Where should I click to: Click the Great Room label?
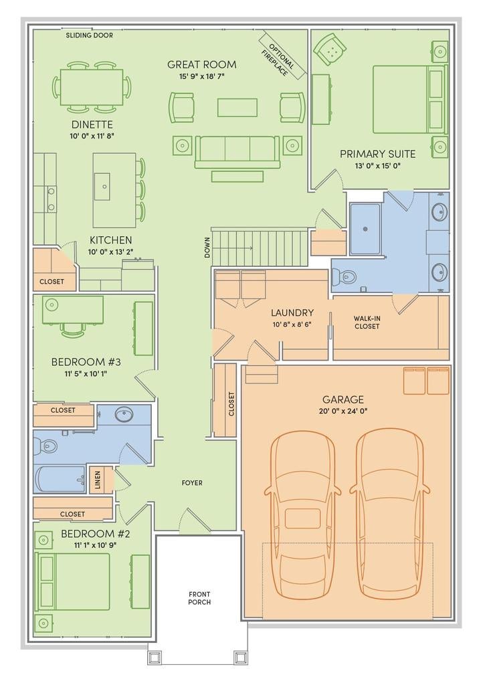coord(202,65)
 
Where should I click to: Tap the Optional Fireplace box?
coord(282,56)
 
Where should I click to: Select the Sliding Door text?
coord(90,35)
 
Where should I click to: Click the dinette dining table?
coord(92,87)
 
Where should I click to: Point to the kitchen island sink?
coord(102,186)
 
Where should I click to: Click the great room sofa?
coord(237,152)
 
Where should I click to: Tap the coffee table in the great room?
coord(237,108)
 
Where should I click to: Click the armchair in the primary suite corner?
coord(330,49)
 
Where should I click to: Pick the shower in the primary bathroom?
coord(365,229)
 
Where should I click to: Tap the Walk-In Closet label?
coord(367,322)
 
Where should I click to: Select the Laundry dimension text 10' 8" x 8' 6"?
coord(292,324)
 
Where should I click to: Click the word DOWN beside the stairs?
coord(207,248)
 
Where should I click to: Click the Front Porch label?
coord(199,598)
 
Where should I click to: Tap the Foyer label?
coord(192,483)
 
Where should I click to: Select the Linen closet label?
coord(98,480)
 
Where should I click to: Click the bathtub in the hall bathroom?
coord(60,479)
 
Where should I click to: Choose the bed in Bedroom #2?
coord(74,581)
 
